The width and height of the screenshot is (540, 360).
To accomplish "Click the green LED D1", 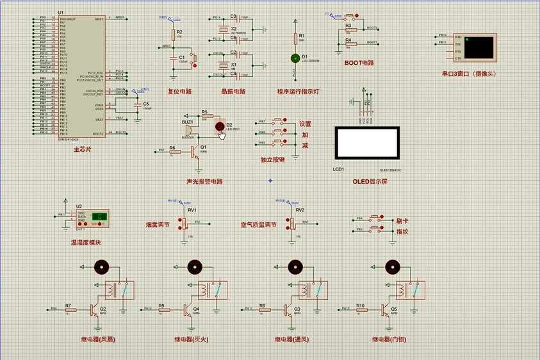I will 296,58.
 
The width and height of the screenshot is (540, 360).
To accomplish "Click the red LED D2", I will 220,126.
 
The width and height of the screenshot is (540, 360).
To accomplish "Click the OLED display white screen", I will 367,143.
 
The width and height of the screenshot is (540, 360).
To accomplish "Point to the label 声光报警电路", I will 204,181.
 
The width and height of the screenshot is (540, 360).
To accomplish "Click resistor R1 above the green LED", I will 296,39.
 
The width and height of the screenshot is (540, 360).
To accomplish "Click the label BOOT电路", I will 359,63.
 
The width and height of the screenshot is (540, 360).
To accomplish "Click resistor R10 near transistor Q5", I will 361,310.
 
